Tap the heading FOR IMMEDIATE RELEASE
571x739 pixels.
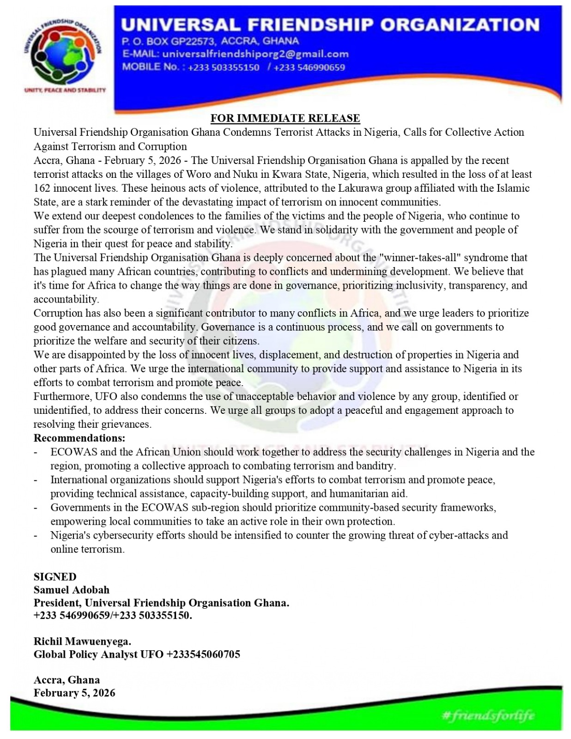(285, 118)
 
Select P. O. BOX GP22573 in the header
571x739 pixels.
(168, 41)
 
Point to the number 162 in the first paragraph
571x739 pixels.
(42, 188)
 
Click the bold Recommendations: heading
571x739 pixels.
(79, 438)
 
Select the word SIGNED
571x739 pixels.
(55, 576)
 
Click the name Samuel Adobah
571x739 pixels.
(72, 590)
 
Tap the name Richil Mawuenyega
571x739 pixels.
(82, 641)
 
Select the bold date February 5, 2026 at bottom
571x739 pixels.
(74, 693)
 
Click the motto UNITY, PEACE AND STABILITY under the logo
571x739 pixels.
(65, 90)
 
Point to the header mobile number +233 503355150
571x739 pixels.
(224, 67)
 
